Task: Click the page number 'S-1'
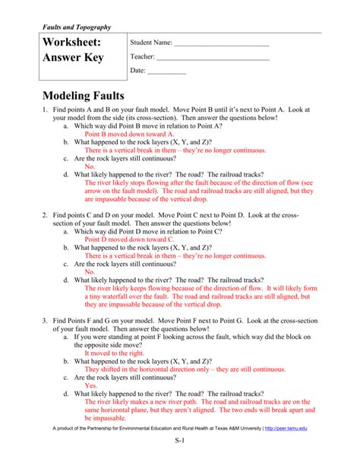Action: [x=180, y=461]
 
